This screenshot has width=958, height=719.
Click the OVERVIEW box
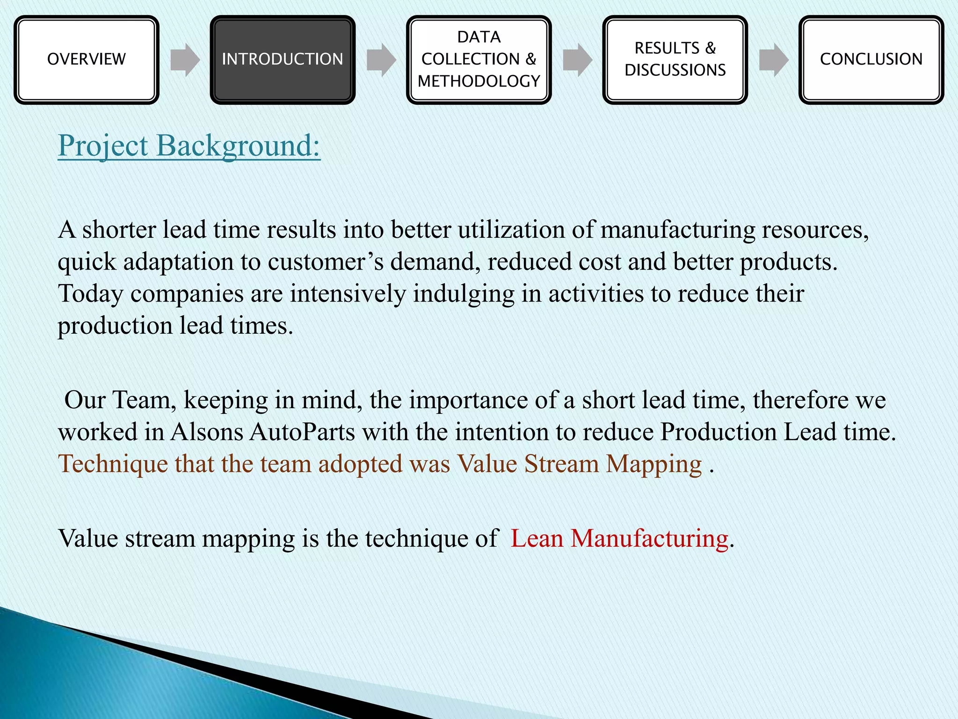coord(87,59)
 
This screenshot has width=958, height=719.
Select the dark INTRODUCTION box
coord(283,59)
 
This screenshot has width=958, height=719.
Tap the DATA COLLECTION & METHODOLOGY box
coord(479,59)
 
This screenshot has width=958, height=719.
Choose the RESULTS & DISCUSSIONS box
coord(675,59)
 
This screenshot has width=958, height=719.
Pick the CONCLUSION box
coord(871,59)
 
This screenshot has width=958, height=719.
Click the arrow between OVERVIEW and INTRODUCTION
coord(185,60)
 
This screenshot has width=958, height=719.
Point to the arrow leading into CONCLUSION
coord(774,60)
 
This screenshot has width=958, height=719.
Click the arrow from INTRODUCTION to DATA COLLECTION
coord(381,60)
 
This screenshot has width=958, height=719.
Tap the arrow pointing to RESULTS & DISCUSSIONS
coord(577,60)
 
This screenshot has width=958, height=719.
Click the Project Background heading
coord(189,146)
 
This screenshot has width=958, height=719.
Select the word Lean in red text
coord(537,538)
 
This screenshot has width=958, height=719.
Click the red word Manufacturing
coord(649,538)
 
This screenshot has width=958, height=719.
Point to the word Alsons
coord(207,432)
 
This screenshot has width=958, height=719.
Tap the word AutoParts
coord(302,432)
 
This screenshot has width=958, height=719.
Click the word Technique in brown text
coord(113,464)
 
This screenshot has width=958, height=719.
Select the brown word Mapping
coord(654,464)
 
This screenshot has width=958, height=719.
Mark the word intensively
coord(348,294)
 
